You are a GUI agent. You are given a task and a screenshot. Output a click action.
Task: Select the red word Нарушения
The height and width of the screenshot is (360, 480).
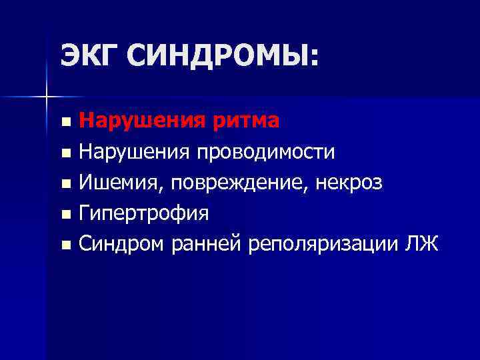[133, 121]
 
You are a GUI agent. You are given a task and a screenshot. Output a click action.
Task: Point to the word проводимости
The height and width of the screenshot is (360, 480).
[265, 153]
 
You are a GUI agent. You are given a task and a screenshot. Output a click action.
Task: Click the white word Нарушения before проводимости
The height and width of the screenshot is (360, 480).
[133, 152]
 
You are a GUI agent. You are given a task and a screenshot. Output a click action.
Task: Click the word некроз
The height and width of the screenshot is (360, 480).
[349, 183]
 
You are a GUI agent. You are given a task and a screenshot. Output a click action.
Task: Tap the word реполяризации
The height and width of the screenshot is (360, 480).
[324, 245]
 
